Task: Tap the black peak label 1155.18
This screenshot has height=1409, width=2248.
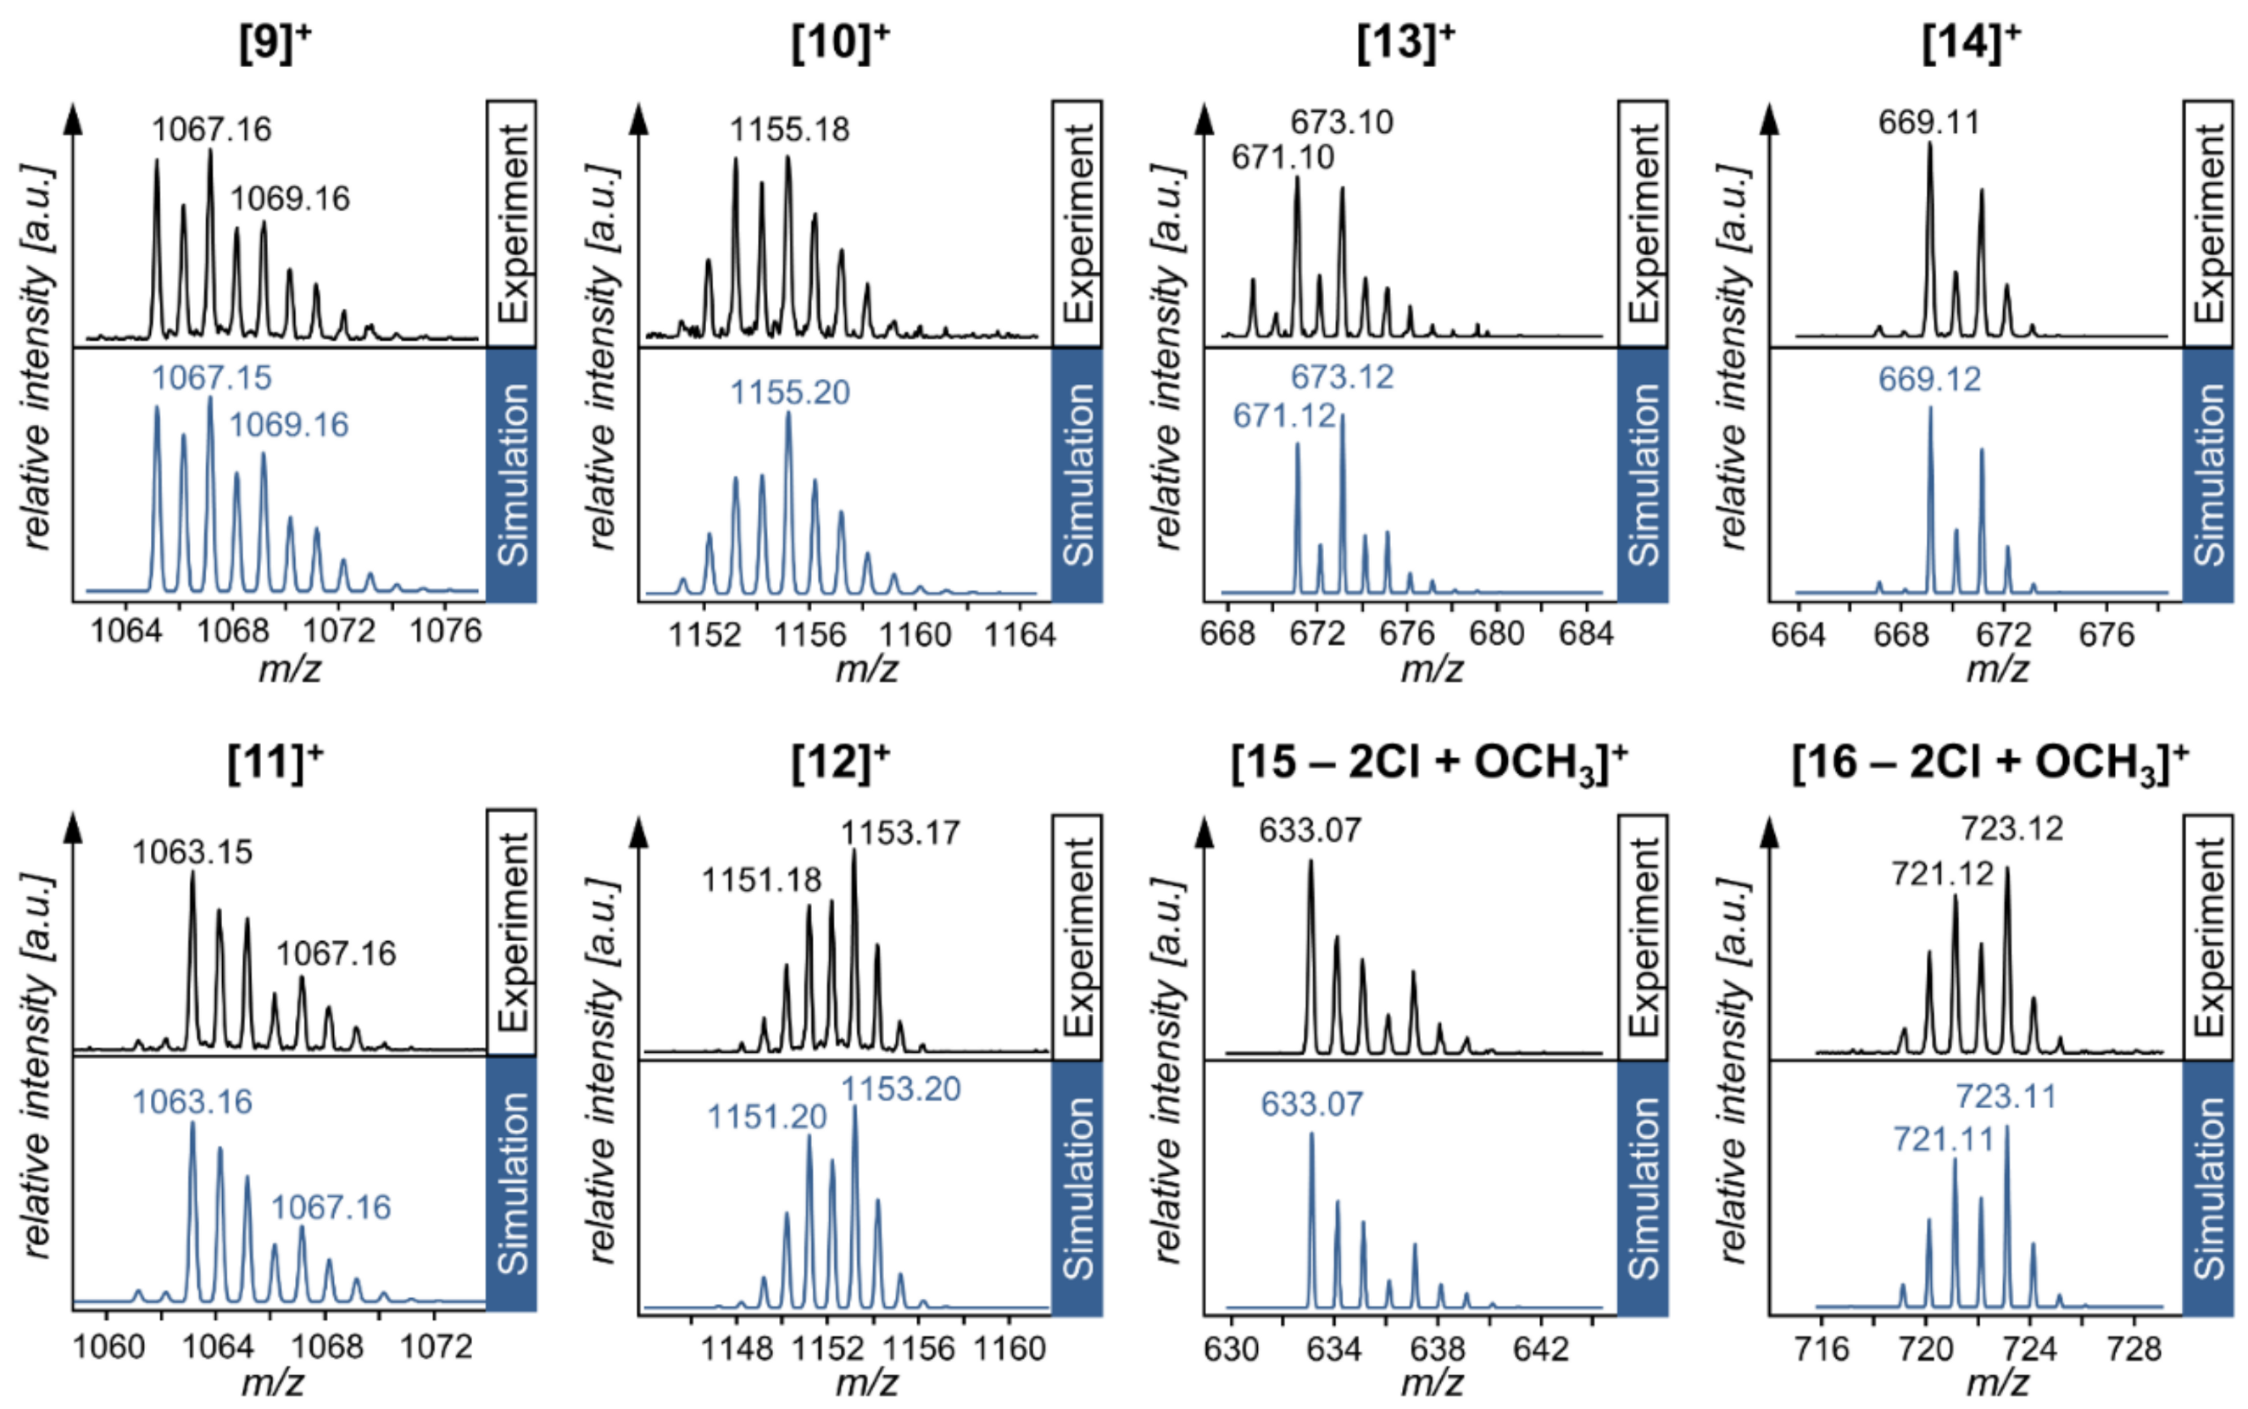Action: click(x=789, y=130)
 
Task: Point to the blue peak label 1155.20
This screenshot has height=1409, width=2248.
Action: click(x=789, y=393)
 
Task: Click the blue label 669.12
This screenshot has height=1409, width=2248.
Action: click(x=1929, y=379)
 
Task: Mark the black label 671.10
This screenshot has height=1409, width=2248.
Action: click(x=1282, y=158)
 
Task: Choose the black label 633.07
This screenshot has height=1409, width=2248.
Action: click(x=1310, y=829)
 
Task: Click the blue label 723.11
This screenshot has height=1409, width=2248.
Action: click(x=2006, y=1096)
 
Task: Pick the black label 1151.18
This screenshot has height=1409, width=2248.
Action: click(x=761, y=880)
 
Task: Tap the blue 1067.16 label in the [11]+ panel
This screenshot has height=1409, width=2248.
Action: click(x=331, y=1208)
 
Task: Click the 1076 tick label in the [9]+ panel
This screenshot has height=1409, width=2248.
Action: click(x=445, y=632)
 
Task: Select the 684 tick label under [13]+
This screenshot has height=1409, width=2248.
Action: click(x=1584, y=633)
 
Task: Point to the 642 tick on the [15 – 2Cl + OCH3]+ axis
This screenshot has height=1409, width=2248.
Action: click(x=1541, y=1350)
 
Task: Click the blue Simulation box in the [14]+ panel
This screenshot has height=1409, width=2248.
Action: click(x=2208, y=476)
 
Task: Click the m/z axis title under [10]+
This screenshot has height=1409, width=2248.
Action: click(x=865, y=669)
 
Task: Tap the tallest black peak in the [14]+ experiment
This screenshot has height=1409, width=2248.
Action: click(x=1929, y=149)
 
